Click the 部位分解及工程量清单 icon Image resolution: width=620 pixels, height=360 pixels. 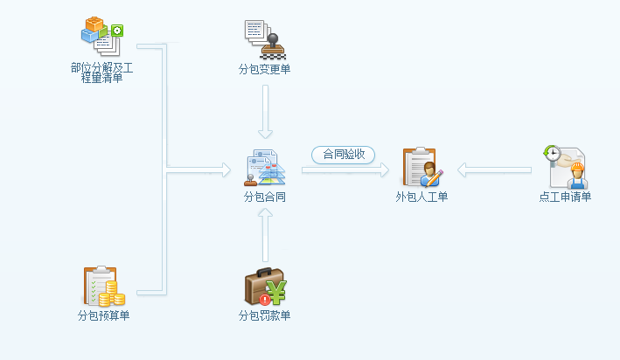(x=101, y=36)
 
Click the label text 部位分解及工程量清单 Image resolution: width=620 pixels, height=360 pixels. (x=101, y=73)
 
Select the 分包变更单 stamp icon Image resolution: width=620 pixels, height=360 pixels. (x=265, y=38)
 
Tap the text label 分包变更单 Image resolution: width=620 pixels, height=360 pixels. (x=265, y=70)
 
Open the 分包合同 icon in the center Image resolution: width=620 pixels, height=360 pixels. (x=265, y=168)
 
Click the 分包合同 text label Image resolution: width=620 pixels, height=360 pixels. (x=265, y=197)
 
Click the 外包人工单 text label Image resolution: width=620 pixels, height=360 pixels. (x=422, y=197)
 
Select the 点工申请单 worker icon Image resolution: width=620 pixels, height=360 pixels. (x=565, y=168)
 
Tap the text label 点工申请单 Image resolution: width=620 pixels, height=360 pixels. (x=565, y=197)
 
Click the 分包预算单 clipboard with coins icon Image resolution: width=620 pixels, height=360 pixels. (x=103, y=287)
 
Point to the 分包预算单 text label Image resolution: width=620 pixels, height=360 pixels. (x=103, y=315)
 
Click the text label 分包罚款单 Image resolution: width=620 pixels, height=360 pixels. (x=265, y=315)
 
